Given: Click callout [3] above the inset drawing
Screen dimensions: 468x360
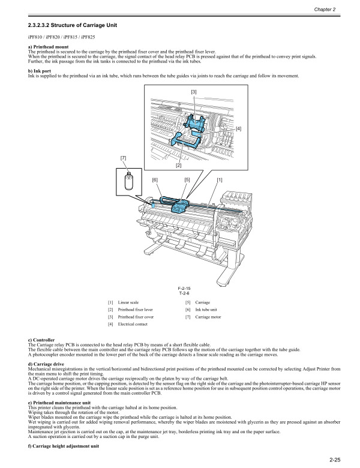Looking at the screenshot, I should tap(194, 91).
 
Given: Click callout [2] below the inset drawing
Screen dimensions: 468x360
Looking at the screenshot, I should tap(178, 165).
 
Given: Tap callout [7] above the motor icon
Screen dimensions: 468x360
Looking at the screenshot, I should tap(124, 157).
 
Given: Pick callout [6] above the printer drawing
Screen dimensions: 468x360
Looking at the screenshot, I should tap(155, 180).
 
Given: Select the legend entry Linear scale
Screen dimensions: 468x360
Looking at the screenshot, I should tap(129, 303).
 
